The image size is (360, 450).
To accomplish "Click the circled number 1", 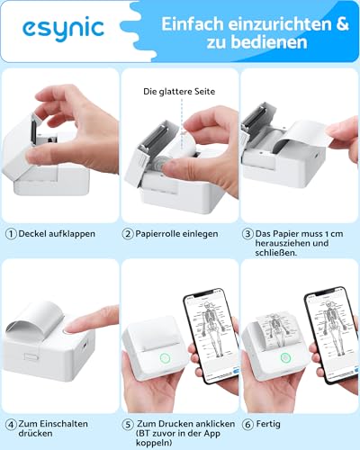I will click(10, 233).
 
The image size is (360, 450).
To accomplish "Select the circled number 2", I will click(128, 233).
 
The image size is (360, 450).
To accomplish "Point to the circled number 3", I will click(247, 233).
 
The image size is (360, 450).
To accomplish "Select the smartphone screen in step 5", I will click(206, 332).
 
